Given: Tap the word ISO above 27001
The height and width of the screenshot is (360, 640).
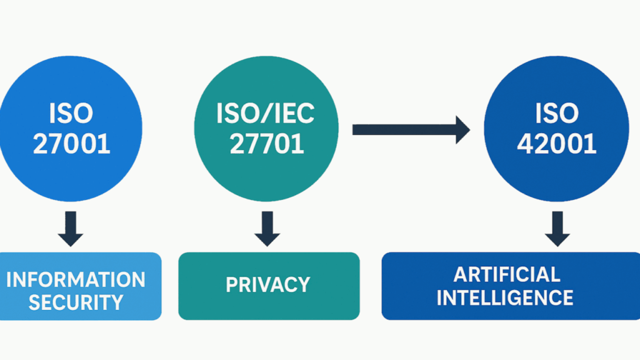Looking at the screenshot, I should point(71,114).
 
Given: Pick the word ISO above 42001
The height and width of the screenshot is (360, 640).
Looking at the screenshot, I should point(557,114).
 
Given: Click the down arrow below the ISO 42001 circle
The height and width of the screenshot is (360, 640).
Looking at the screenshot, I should point(557,229).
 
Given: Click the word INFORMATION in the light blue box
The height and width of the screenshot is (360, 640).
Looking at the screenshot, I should point(76,279).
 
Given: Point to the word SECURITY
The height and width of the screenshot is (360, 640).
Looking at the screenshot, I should point(76,302).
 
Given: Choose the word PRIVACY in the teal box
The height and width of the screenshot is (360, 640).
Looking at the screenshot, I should point(267,285).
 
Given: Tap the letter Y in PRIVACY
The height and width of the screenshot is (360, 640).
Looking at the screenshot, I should point(303,285).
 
